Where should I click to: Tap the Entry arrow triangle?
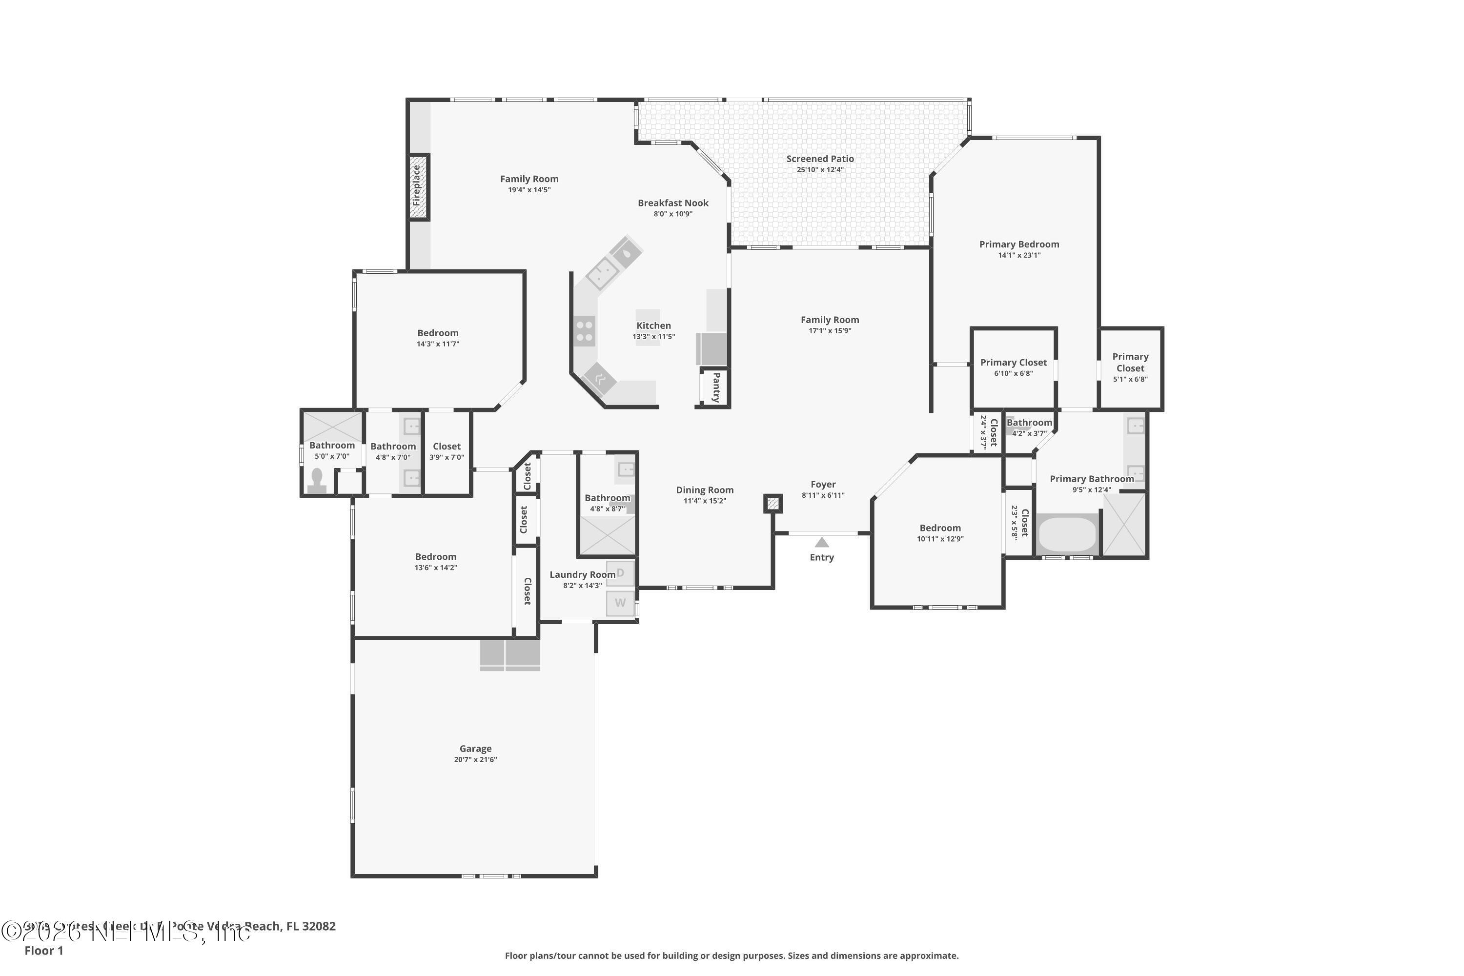click(x=822, y=542)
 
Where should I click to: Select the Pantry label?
click(x=716, y=387)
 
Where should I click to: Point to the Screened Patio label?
click(x=820, y=159)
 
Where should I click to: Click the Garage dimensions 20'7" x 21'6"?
click(x=475, y=759)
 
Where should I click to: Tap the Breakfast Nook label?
click(x=673, y=203)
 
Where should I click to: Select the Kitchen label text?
click(x=653, y=325)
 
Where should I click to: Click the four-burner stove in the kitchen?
click(x=584, y=330)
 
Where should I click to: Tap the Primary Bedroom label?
click(x=1019, y=244)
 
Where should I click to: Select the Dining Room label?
click(x=705, y=490)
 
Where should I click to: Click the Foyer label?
click(x=823, y=484)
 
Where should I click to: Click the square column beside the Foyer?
click(x=773, y=503)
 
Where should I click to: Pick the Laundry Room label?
click(x=582, y=574)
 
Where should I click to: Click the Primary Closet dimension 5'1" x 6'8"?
click(x=1130, y=379)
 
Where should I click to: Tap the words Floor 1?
click(x=43, y=951)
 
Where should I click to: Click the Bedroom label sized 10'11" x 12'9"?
click(x=940, y=528)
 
